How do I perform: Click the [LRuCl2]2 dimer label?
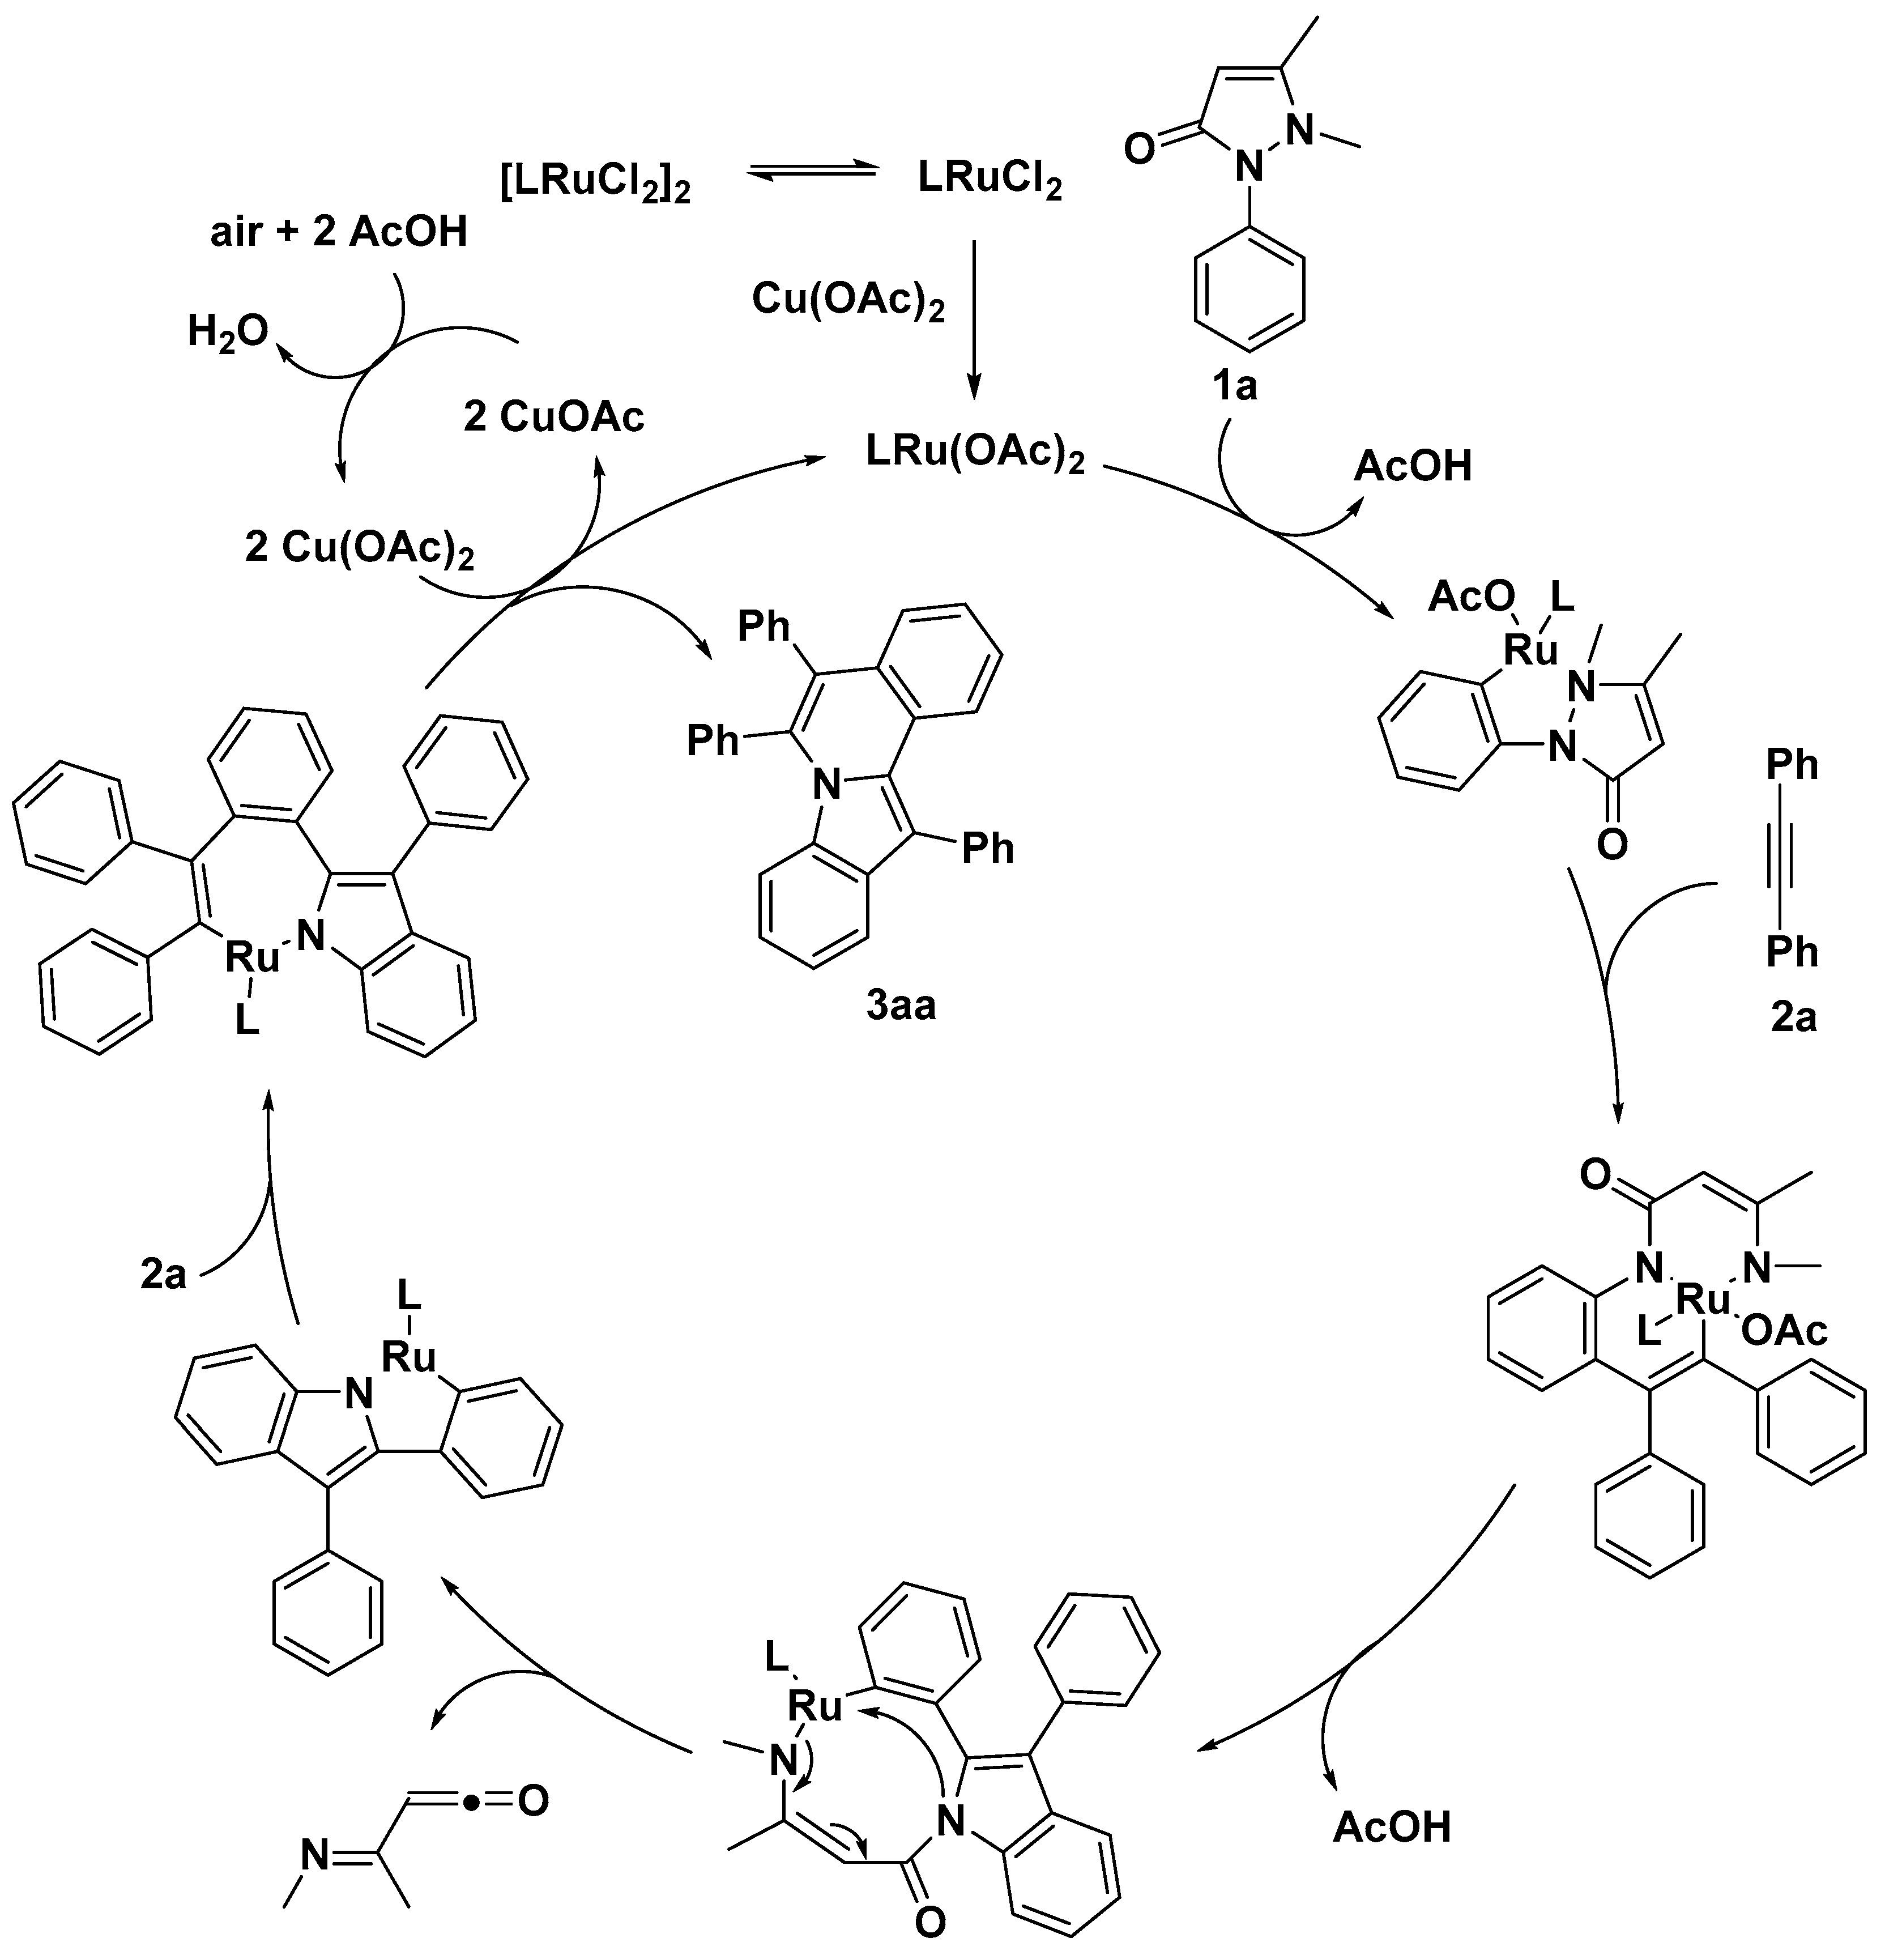595,184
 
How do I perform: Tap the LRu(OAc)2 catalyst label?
974,454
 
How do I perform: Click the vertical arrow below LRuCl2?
974,319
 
